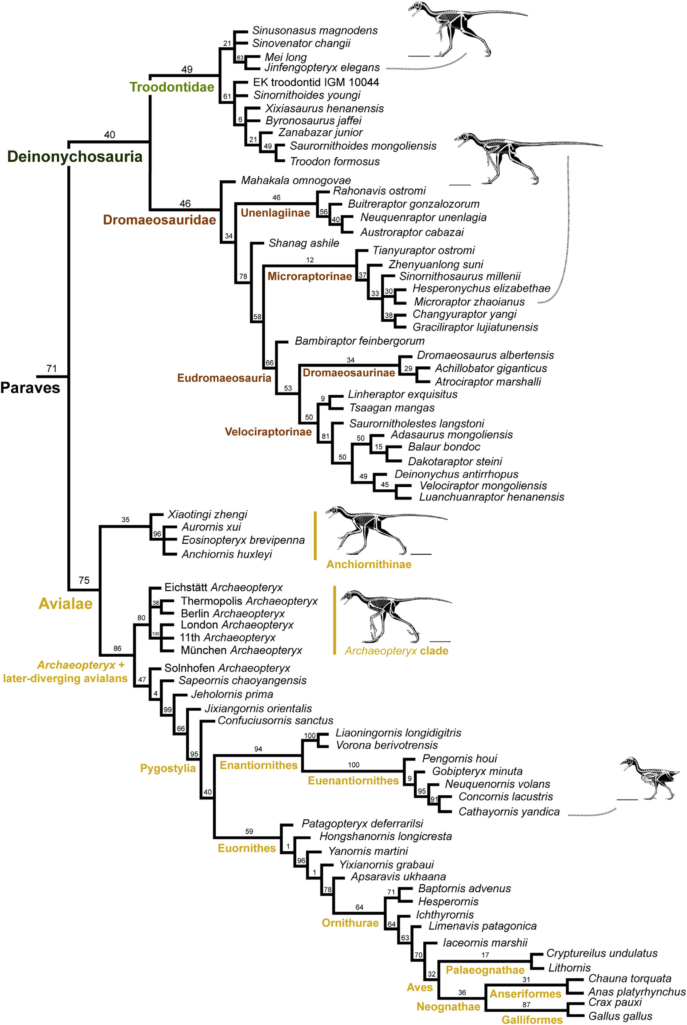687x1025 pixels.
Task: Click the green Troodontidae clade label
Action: pyautogui.click(x=172, y=87)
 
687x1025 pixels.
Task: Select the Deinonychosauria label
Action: pyautogui.click(x=75, y=157)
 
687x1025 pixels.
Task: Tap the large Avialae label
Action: pyautogui.click(x=65, y=604)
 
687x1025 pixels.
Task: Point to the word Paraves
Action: pyautogui.click(x=30, y=388)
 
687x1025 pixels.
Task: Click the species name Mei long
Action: pyautogui.click(x=286, y=57)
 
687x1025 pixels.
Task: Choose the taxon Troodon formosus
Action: pyautogui.click(x=335, y=161)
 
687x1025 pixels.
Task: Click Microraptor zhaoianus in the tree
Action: pyautogui.click(x=469, y=302)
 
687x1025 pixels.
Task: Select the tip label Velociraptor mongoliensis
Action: pyautogui.click(x=483, y=485)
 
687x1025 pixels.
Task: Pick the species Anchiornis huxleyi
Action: pyautogui.click(x=227, y=554)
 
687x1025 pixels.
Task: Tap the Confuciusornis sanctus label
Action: pyautogui.click(x=275, y=720)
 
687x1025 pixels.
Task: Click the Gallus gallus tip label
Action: pyautogui.click(x=620, y=1016)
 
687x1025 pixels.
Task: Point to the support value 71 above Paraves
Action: pyautogui.click(x=52, y=368)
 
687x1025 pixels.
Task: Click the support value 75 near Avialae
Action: pyautogui.click(x=84, y=580)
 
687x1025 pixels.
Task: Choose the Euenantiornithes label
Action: pyautogui.click(x=353, y=781)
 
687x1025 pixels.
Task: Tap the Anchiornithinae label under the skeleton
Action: pyautogui.click(x=368, y=564)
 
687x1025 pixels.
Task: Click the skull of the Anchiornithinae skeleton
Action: pyautogui.click(x=333, y=510)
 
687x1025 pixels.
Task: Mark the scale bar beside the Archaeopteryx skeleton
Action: pyautogui.click(x=440, y=641)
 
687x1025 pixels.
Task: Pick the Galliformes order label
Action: pyautogui.click(x=532, y=1020)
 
